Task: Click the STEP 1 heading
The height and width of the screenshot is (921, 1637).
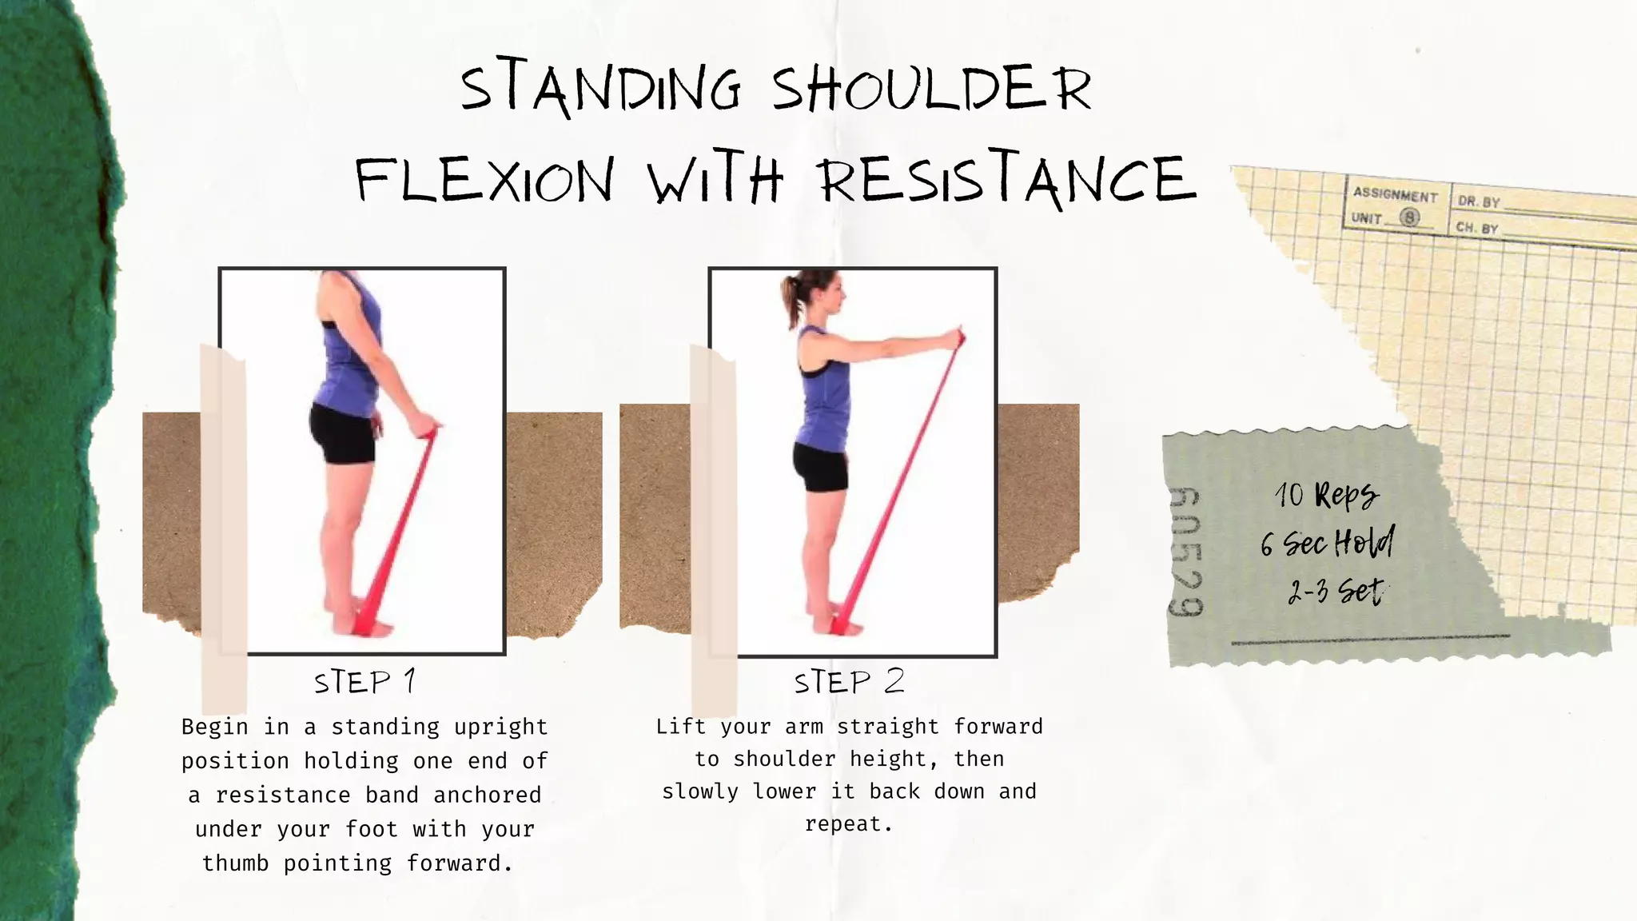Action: pyautogui.click(x=365, y=682)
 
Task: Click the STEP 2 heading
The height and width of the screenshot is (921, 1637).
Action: pyautogui.click(x=849, y=682)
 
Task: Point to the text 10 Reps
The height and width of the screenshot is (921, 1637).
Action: pyautogui.click(x=1327, y=495)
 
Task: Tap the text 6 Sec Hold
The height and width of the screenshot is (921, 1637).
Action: pyautogui.click(x=1327, y=544)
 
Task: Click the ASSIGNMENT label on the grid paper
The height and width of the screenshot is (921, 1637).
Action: pyautogui.click(x=1395, y=194)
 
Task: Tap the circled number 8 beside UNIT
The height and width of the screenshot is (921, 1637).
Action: pyautogui.click(x=1410, y=217)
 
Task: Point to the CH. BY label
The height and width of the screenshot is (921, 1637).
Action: pyautogui.click(x=1476, y=228)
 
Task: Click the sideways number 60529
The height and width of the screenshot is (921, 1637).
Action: pyautogui.click(x=1185, y=552)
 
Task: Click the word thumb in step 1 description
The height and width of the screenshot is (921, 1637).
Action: pyautogui.click(x=235, y=863)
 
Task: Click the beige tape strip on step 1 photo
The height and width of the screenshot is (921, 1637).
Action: pyautogui.click(x=223, y=528)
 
